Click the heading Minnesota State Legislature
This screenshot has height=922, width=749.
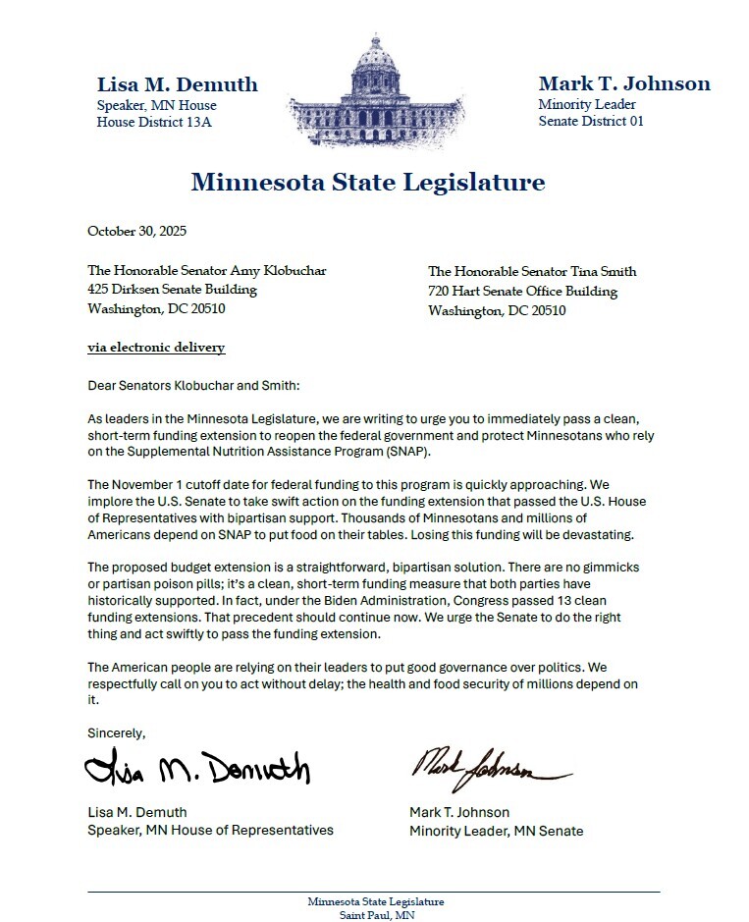tap(367, 182)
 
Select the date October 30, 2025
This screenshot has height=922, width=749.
tap(136, 232)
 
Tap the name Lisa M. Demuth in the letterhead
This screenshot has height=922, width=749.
tap(177, 84)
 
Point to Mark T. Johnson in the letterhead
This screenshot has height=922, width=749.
tap(624, 83)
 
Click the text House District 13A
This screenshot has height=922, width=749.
tap(153, 123)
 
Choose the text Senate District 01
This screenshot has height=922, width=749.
tap(591, 122)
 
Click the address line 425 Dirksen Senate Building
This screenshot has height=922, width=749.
tap(172, 290)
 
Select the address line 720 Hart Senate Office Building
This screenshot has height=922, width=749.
tap(522, 292)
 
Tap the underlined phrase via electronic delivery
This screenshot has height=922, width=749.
tap(156, 348)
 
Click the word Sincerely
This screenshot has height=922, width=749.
tap(116, 733)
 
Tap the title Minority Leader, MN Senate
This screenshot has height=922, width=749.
tap(496, 832)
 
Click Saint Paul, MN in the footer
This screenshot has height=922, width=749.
tap(375, 915)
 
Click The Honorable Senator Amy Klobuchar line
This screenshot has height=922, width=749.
tap(206, 270)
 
